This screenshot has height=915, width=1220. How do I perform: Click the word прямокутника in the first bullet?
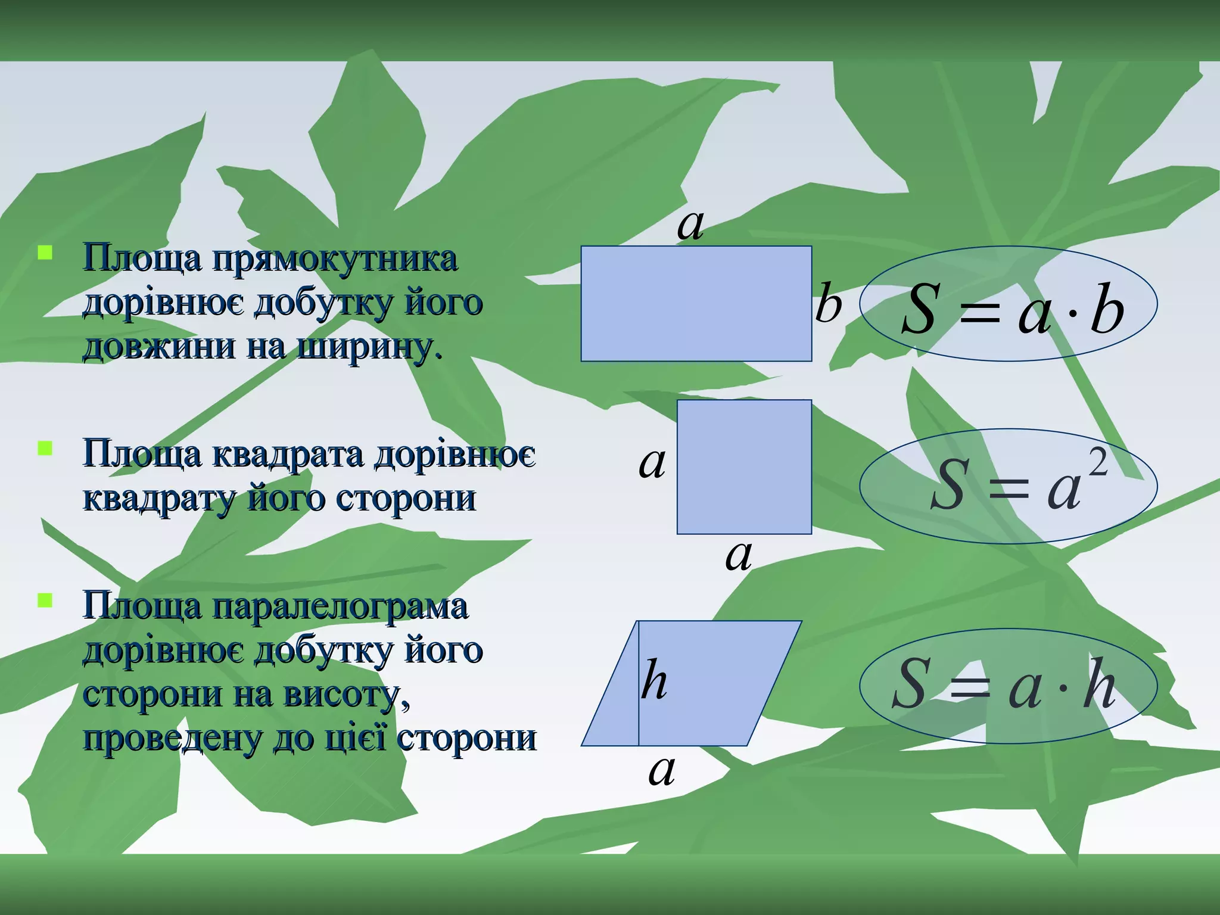click(335, 260)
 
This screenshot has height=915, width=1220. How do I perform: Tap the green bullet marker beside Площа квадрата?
click(45, 447)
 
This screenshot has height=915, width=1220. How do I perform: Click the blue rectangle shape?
click(696, 303)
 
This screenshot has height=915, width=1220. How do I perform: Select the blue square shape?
click(744, 467)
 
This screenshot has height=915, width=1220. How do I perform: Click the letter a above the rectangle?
click(690, 225)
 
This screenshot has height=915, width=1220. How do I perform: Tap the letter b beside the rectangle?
click(828, 304)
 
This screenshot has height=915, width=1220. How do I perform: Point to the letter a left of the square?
click(652, 463)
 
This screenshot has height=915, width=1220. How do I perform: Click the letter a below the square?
click(738, 556)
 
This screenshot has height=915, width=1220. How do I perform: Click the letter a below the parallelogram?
click(661, 771)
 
